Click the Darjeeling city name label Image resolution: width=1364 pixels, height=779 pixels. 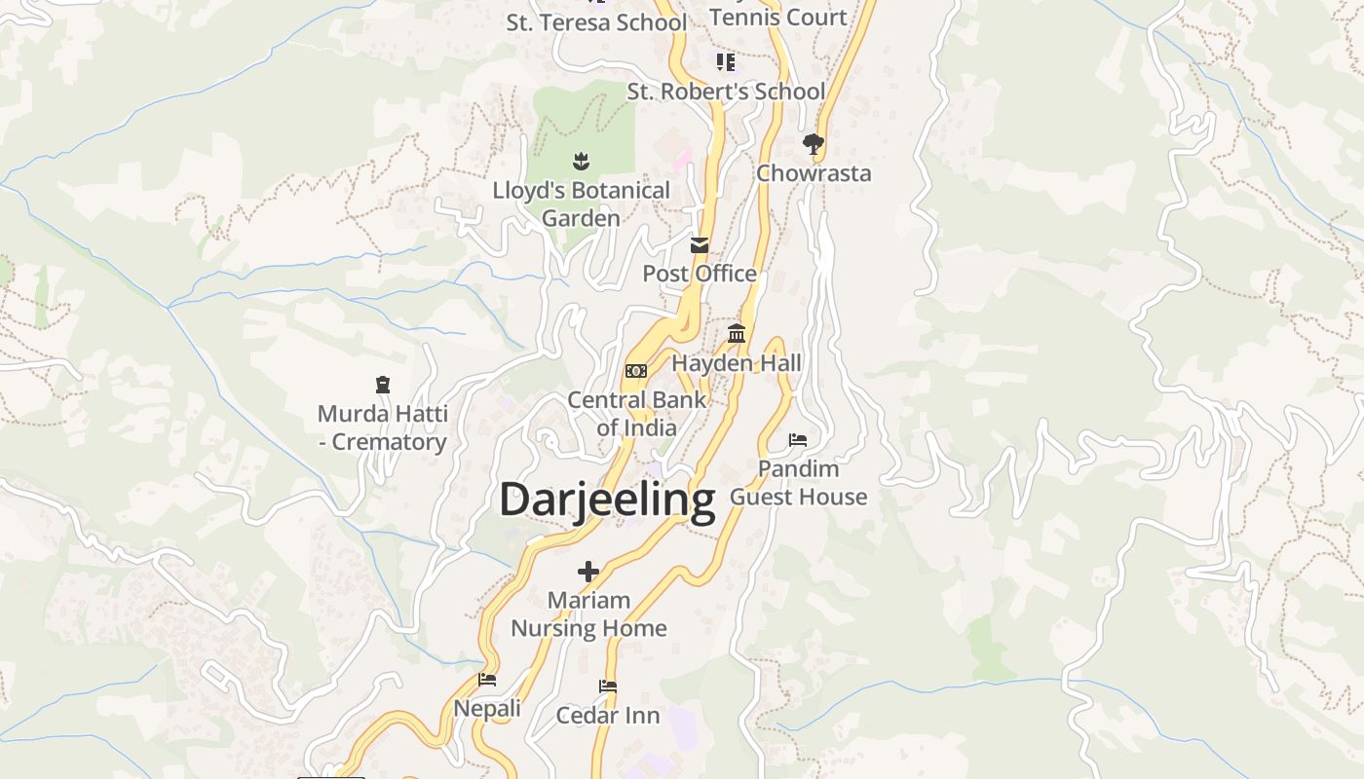click(607, 500)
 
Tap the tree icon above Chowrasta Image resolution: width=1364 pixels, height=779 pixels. click(814, 145)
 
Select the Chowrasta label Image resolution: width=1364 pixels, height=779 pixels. click(814, 173)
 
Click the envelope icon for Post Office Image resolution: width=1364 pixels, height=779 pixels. click(700, 245)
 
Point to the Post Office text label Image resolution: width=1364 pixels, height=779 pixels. click(700, 274)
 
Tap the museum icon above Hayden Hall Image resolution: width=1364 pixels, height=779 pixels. click(737, 334)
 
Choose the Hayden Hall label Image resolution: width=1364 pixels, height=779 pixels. click(737, 363)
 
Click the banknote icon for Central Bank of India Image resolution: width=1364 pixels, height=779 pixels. click(636, 371)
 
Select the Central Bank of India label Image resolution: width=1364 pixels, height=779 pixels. click(637, 414)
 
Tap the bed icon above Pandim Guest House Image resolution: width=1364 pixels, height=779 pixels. click(798, 440)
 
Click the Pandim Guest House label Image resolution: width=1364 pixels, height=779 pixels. click(798, 483)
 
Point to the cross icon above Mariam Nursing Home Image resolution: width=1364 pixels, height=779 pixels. click(588, 572)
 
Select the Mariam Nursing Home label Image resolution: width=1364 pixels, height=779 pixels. click(588, 614)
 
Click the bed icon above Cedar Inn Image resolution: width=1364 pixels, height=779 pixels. click(608, 686)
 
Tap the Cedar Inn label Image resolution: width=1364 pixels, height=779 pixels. click(608, 716)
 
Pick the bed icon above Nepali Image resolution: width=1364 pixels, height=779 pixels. click(487, 680)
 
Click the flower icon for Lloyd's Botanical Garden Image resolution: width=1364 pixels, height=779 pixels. click(582, 162)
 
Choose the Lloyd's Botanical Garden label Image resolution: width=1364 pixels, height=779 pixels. click(582, 204)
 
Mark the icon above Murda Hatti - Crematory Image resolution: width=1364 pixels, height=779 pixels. click(383, 386)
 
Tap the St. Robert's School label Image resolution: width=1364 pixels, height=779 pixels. click(726, 92)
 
